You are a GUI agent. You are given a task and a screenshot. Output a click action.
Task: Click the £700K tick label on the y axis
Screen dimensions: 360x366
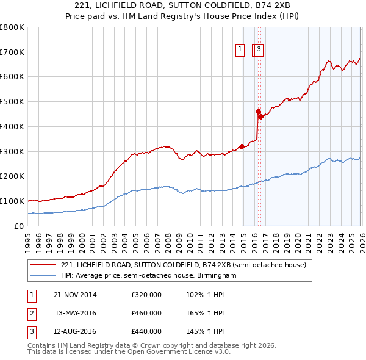(x=12, y=52)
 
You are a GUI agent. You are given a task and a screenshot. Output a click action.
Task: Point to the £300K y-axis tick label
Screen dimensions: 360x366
(x=12, y=151)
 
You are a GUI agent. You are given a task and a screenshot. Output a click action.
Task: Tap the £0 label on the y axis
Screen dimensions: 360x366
(x=18, y=226)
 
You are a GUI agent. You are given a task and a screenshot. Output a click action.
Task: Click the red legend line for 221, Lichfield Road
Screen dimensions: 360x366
(x=43, y=265)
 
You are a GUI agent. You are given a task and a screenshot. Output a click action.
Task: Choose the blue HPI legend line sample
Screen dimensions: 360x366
(x=43, y=276)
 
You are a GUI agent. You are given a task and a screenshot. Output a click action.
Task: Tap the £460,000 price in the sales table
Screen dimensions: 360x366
(x=146, y=313)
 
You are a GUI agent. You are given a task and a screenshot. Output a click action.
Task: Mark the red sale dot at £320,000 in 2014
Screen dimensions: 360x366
(x=242, y=146)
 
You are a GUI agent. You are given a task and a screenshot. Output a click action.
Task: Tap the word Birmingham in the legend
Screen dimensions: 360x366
(x=217, y=276)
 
